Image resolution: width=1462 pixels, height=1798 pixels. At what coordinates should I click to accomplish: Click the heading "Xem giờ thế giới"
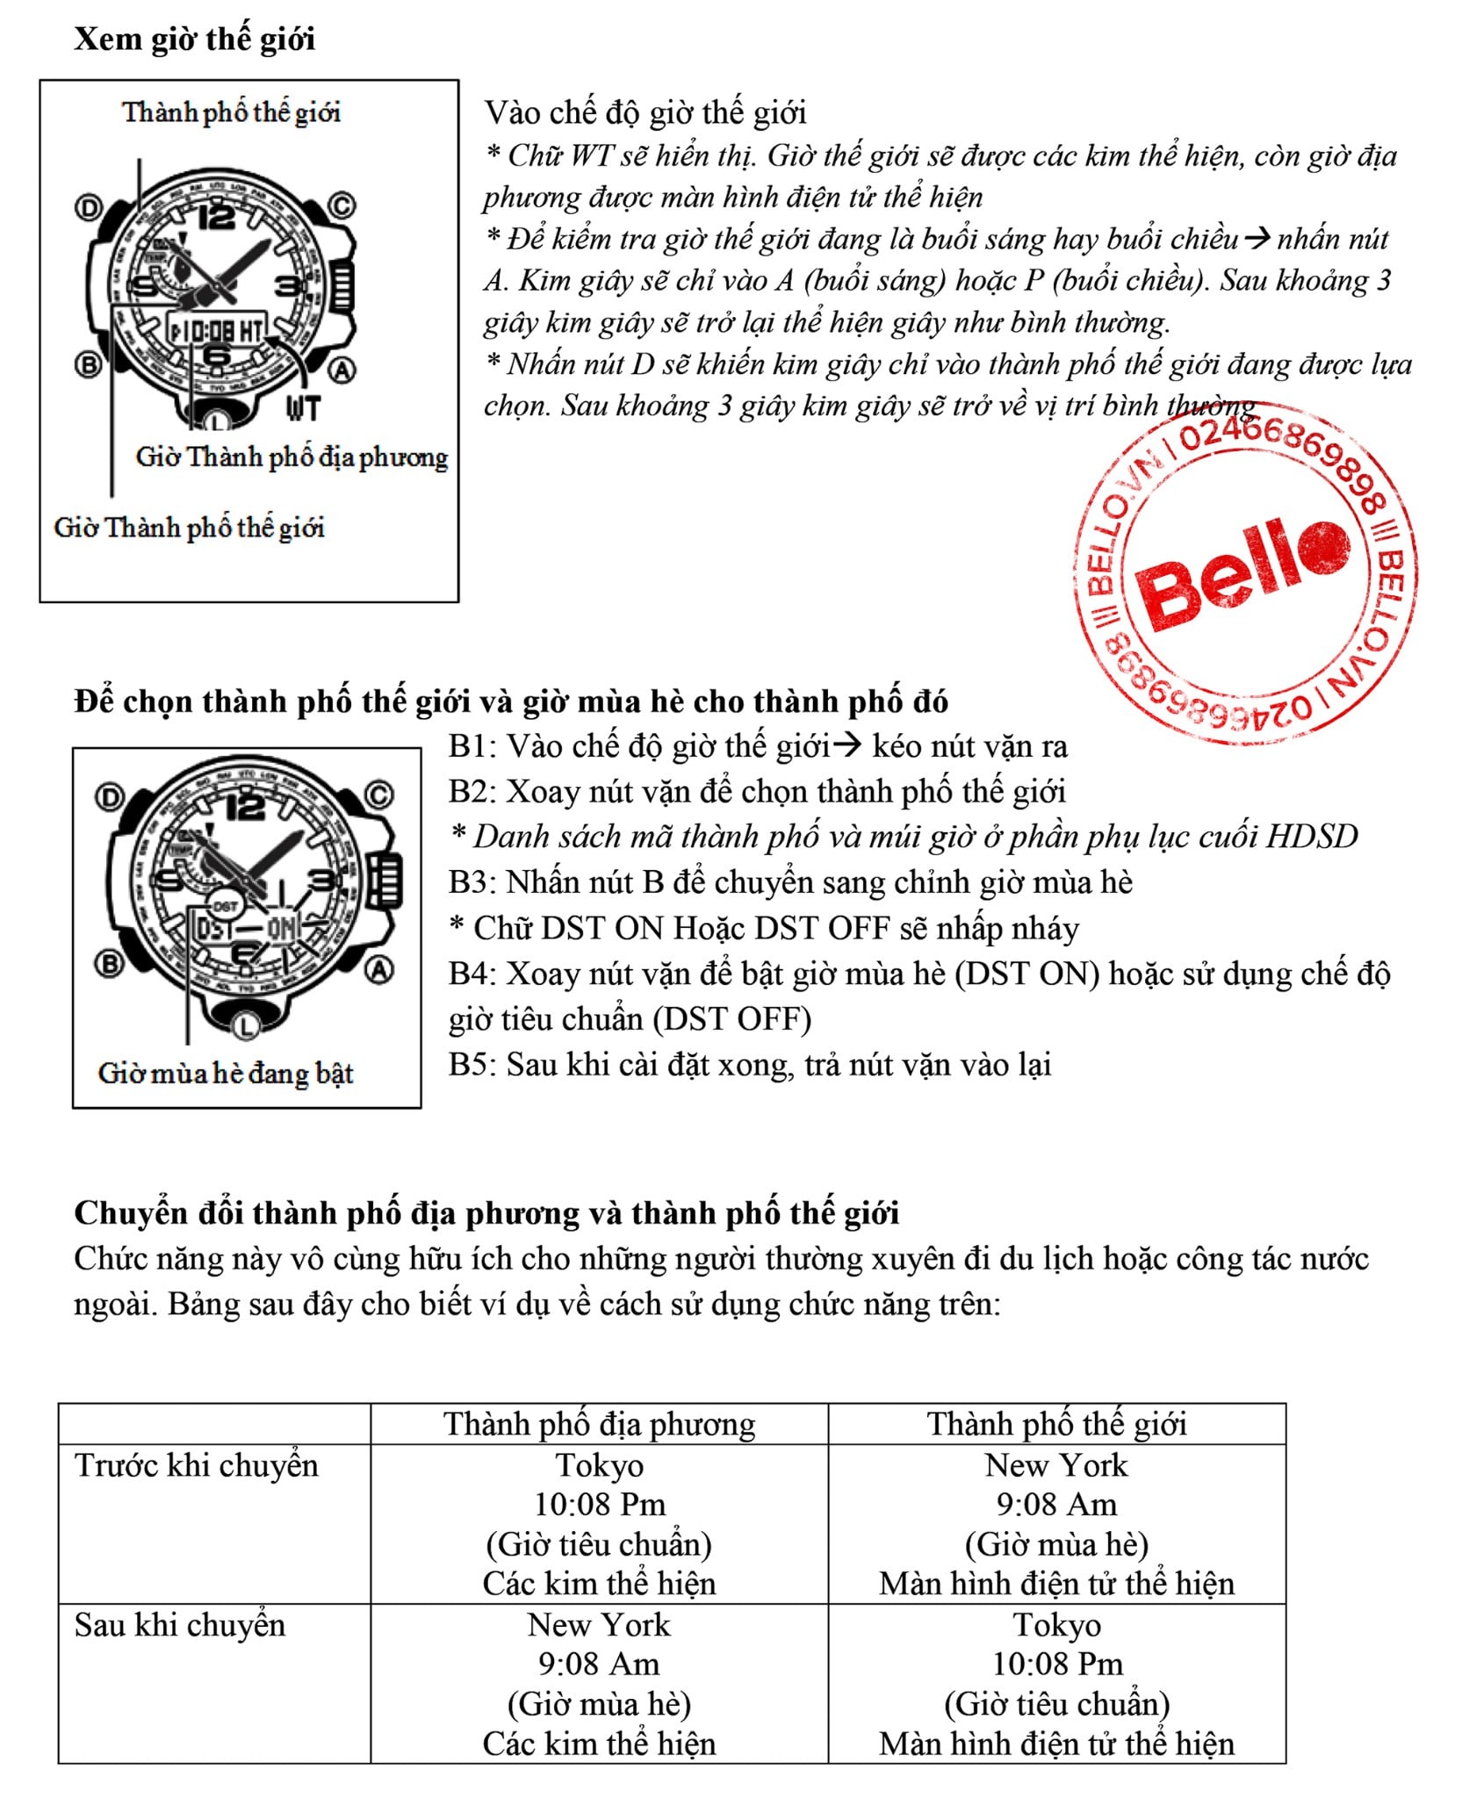194,40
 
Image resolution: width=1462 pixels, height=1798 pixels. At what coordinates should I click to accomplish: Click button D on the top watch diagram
88,208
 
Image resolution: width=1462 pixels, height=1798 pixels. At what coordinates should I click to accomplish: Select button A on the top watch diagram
342,370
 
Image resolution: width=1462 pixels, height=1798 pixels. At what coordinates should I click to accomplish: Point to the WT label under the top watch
303,408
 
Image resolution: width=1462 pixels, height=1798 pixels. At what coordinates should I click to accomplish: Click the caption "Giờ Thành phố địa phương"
292,457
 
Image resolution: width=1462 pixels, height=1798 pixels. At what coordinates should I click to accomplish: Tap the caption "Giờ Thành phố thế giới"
189,528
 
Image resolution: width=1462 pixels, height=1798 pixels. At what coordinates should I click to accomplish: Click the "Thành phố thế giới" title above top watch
231,112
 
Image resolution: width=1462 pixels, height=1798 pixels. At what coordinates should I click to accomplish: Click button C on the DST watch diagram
379,795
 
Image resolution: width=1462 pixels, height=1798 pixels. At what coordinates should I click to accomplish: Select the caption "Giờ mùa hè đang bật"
226,1073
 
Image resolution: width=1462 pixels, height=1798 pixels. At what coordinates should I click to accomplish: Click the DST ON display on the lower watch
247,928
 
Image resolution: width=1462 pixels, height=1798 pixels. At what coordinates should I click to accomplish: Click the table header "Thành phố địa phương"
599,1424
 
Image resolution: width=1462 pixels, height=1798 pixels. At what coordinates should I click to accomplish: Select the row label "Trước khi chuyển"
197,1466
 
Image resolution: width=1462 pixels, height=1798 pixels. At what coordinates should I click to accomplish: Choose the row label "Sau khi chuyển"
180,1625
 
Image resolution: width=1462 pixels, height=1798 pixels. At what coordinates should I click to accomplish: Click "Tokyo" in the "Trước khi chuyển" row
600,1466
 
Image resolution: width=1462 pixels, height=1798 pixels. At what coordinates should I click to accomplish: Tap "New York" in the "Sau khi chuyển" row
599,1625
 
